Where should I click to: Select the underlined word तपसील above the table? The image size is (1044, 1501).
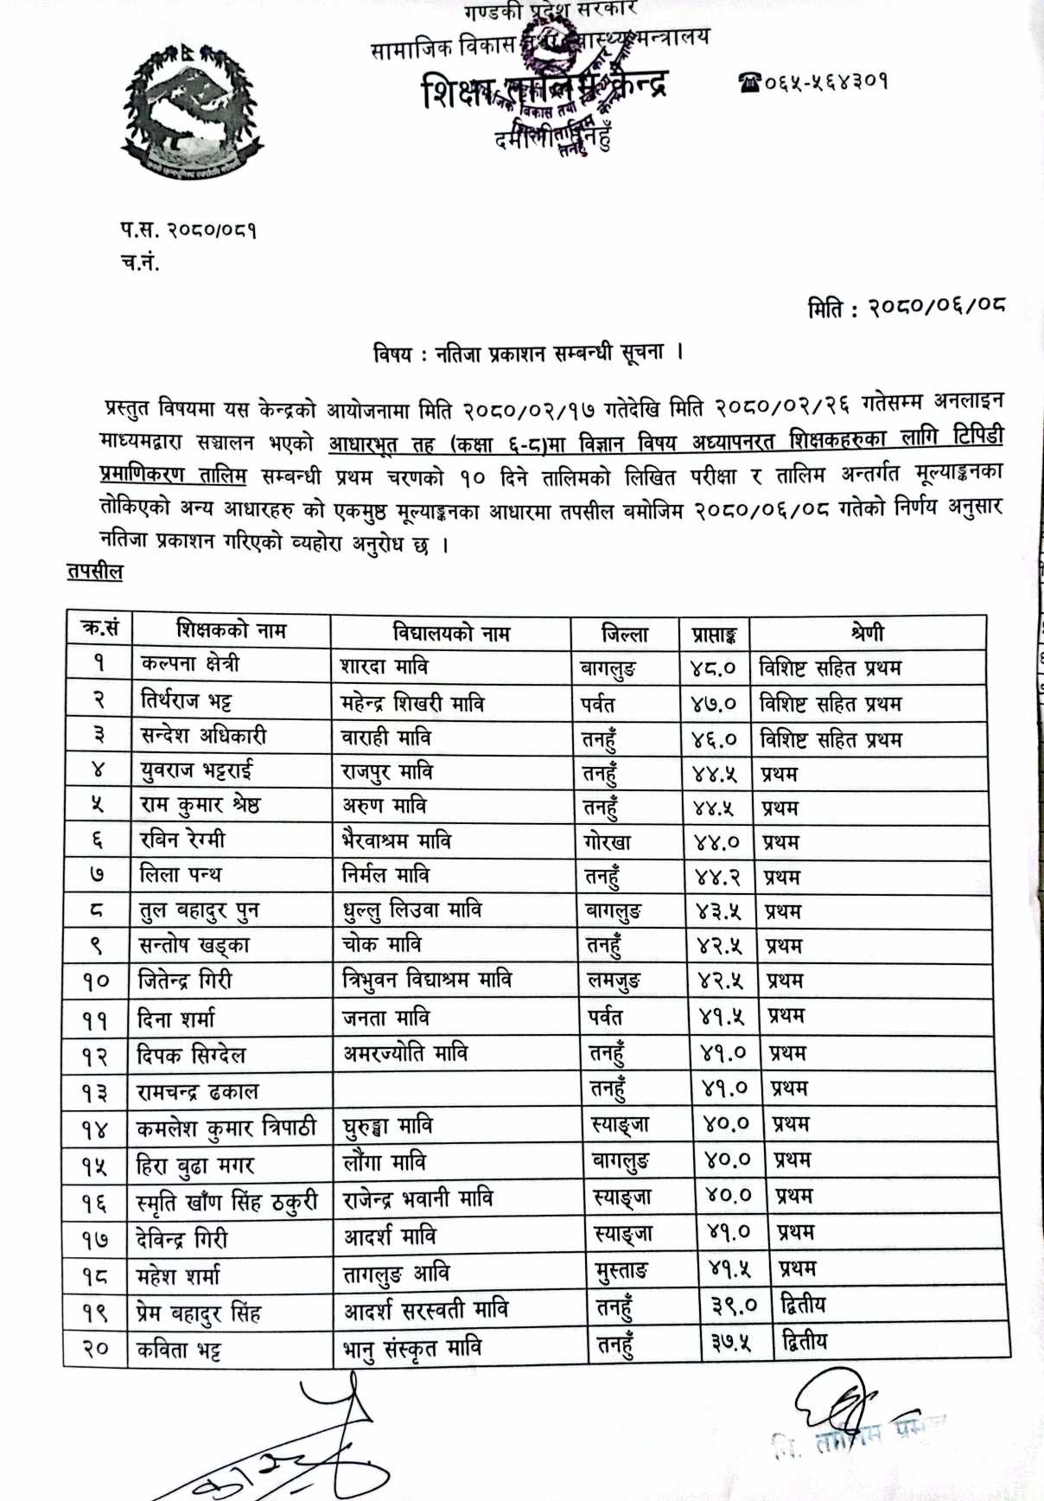95,572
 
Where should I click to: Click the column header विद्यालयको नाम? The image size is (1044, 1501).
450,633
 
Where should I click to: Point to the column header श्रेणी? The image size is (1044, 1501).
867,633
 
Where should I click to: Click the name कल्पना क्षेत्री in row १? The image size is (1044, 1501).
190,664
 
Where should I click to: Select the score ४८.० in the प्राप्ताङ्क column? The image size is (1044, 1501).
713,668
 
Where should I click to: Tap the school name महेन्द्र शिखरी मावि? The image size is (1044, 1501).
412,703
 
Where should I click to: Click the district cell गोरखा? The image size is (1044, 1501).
608,842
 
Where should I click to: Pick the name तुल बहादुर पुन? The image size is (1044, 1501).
199,910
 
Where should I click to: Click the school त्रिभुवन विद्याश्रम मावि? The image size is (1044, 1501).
427,980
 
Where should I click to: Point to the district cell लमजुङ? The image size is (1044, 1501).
613,981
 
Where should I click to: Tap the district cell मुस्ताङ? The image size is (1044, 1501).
622,1270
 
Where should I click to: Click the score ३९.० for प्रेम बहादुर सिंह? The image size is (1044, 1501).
733,1306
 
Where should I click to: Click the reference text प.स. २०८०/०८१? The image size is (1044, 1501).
188,230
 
